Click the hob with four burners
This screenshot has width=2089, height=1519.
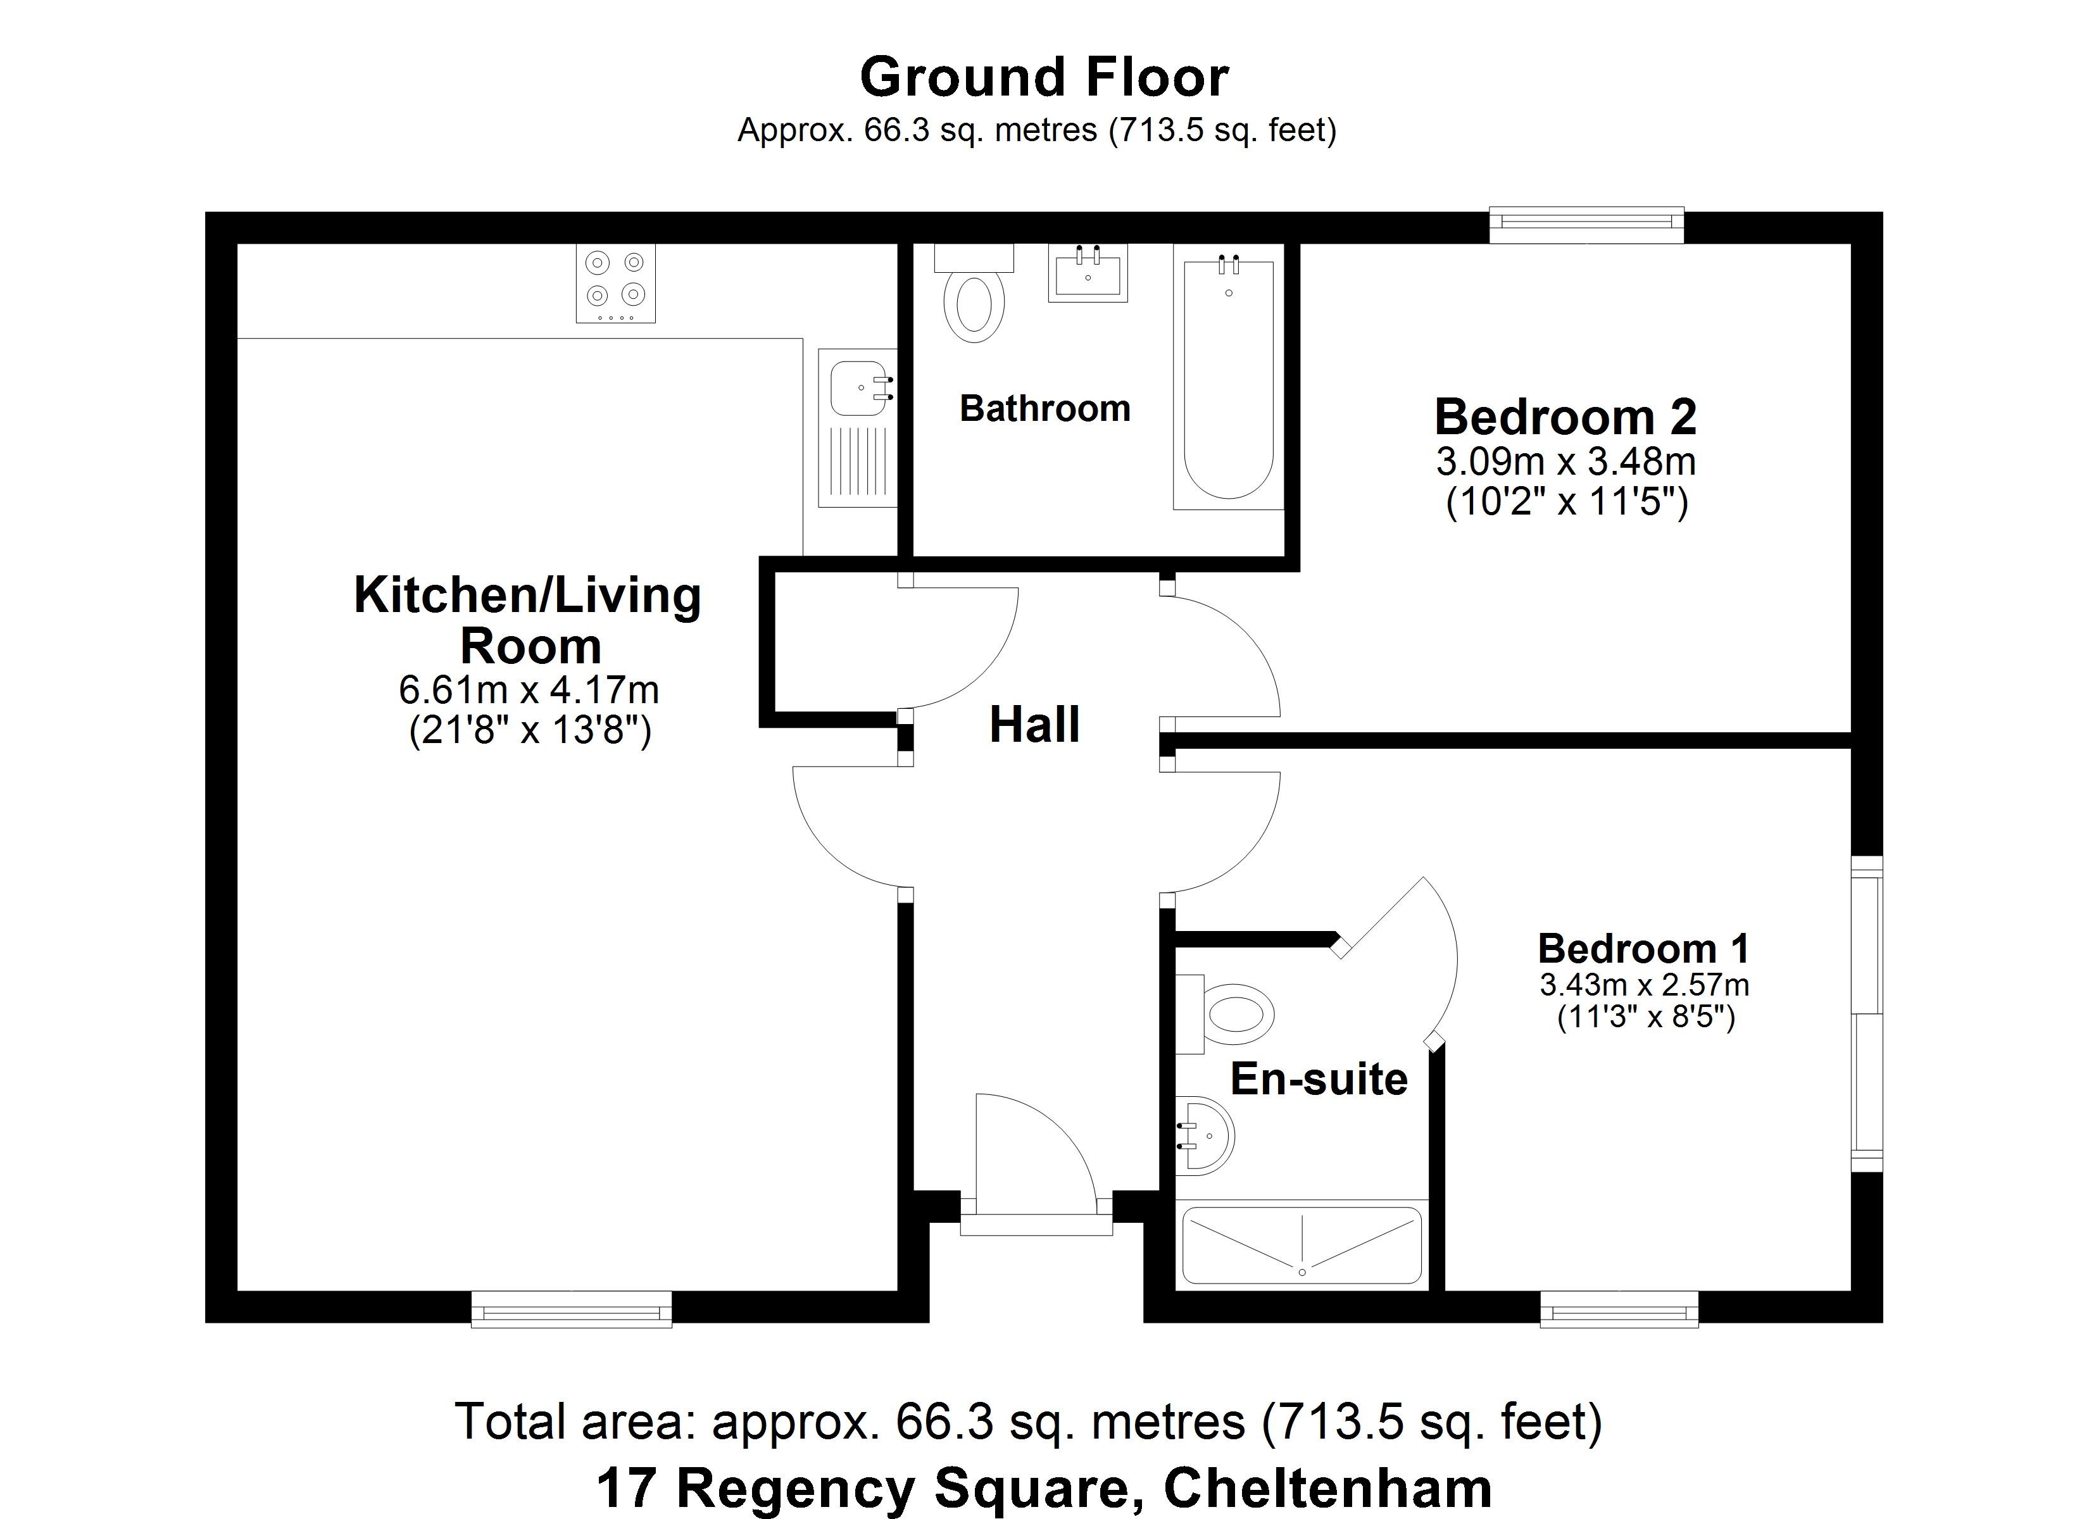click(x=615, y=283)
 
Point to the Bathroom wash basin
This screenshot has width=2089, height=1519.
click(x=1087, y=273)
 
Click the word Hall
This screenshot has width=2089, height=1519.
click(x=1034, y=725)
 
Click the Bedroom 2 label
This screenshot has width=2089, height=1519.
click(x=1565, y=417)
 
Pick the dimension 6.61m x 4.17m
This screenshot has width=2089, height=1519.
click(x=529, y=689)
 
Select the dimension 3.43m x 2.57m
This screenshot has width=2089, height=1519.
click(x=1644, y=985)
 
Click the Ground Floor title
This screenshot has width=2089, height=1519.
click(x=1044, y=77)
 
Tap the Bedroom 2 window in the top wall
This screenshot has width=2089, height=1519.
click(x=1586, y=226)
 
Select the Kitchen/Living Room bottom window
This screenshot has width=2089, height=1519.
click(x=571, y=1309)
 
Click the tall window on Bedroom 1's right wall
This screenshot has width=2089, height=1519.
click(x=1867, y=1013)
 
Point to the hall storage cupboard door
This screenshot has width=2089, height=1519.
click(x=958, y=645)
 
